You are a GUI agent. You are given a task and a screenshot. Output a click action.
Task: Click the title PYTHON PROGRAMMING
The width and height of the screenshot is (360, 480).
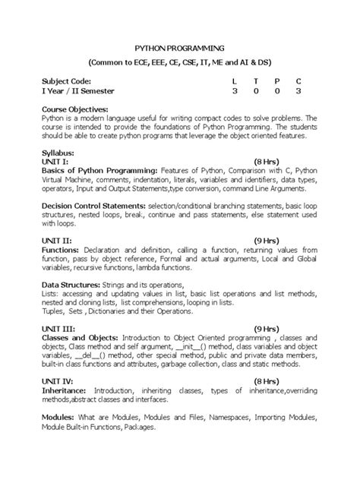point(180,46)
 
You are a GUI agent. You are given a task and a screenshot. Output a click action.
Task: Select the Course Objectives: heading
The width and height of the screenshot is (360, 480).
point(74,109)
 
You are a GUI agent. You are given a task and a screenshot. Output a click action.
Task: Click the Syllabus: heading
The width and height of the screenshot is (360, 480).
point(61,153)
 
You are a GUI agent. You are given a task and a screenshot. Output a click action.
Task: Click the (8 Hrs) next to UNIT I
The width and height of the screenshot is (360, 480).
point(269,162)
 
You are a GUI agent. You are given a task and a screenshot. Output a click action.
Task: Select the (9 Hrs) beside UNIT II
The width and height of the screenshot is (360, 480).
point(269,240)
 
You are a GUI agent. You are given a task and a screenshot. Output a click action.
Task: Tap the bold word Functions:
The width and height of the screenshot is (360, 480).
point(61,249)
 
